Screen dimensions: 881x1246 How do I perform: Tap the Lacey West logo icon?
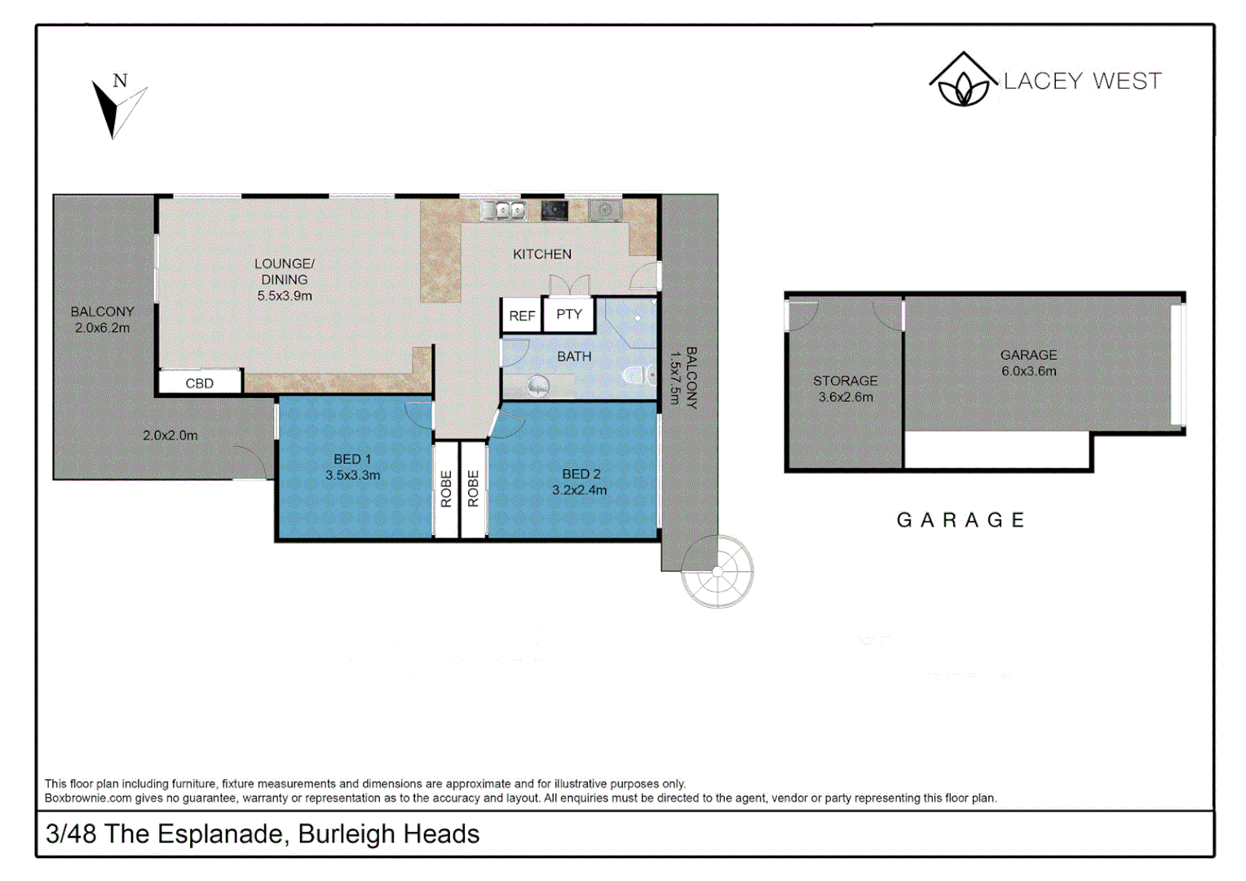(x=962, y=80)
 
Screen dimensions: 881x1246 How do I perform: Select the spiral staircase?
(x=717, y=572)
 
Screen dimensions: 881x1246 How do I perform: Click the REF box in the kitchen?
(x=522, y=316)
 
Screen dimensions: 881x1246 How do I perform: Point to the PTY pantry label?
(x=569, y=314)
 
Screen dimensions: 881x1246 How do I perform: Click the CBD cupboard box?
(x=200, y=383)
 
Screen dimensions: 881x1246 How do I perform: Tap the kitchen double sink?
(x=504, y=210)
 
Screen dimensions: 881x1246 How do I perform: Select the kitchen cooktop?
(x=555, y=210)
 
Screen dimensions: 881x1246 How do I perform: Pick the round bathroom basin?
(x=538, y=385)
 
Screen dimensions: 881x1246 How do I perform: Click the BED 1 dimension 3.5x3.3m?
(x=352, y=475)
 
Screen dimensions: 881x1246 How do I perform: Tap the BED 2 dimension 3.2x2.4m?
(x=579, y=490)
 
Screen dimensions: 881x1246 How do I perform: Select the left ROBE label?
(x=446, y=489)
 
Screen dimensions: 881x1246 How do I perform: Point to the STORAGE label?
(x=845, y=381)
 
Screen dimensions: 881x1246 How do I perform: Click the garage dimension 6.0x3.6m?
(x=1028, y=371)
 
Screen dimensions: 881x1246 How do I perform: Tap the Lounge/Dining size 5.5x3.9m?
(x=285, y=296)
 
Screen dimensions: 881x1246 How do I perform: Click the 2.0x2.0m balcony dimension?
(x=170, y=436)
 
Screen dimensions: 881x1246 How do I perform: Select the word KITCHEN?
(x=542, y=255)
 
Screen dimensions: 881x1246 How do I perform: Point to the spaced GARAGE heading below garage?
(x=961, y=520)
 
